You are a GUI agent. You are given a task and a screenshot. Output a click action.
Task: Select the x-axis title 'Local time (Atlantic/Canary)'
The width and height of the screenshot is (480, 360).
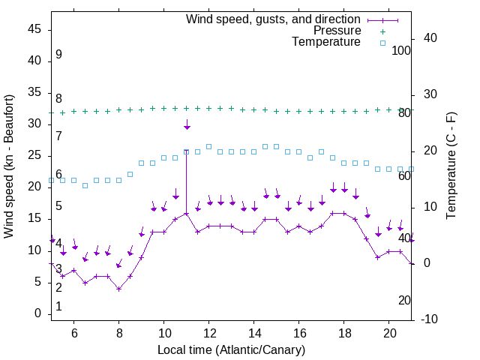[231, 349]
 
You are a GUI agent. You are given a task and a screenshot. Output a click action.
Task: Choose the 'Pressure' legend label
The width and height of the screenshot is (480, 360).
[337, 31]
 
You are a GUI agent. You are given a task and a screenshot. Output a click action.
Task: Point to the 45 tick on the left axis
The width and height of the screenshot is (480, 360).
[34, 29]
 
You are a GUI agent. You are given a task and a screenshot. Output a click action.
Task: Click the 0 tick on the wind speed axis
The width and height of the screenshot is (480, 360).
[37, 313]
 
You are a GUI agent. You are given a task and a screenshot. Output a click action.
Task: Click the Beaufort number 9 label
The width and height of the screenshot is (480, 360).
[58, 55]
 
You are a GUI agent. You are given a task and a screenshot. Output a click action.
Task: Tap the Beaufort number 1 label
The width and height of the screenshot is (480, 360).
[58, 306]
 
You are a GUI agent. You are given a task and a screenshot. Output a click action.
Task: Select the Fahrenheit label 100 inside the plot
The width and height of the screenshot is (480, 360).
[401, 50]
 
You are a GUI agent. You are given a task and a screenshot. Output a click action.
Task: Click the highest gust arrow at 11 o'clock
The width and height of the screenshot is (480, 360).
[187, 124]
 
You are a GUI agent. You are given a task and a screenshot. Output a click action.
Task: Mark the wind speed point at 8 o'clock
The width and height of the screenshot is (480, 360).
[118, 289]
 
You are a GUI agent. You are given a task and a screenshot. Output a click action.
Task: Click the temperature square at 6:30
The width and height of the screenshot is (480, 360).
[85, 185]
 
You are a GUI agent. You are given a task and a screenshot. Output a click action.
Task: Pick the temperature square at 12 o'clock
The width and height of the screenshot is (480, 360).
[208, 146]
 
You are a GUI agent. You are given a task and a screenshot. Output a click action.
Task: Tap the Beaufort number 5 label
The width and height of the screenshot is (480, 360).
[58, 205]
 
